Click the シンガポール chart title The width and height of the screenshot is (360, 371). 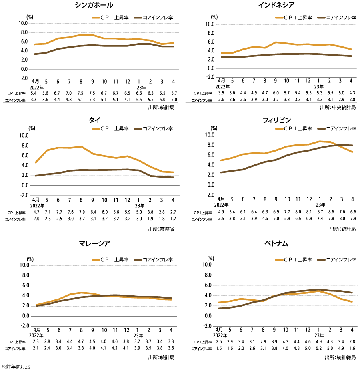[x=94, y=5]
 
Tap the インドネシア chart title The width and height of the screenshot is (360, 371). [x=276, y=5]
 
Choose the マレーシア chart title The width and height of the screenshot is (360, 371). [x=94, y=243]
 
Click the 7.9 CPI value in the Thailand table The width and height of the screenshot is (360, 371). [x=81, y=212]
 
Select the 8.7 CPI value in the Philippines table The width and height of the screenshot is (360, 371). [x=319, y=212]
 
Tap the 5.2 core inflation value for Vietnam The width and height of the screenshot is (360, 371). [x=319, y=349]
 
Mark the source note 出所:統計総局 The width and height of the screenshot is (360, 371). [x=340, y=357]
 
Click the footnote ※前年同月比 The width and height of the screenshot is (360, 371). [x=16, y=366]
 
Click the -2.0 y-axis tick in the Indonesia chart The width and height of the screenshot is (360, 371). [x=210, y=77]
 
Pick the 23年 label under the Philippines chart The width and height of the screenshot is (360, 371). [x=319, y=205]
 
